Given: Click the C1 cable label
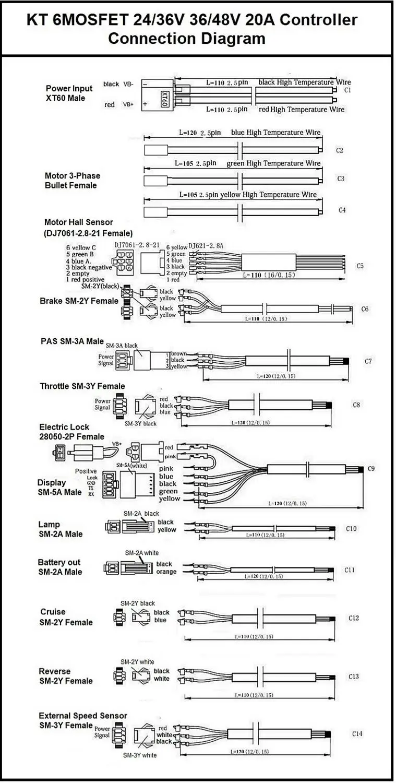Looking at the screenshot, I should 347,90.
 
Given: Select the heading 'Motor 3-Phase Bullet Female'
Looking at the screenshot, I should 72,181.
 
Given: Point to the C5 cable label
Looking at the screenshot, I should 360,266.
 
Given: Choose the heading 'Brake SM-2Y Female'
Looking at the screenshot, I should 79,301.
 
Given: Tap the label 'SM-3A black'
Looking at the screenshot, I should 122,346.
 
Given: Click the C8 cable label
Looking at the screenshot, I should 357,405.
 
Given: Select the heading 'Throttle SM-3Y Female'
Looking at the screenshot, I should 82,386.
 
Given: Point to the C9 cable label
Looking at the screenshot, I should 371,468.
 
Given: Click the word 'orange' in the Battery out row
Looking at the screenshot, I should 166,572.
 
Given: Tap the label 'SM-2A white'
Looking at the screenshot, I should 141,553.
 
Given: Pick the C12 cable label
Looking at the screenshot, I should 354,618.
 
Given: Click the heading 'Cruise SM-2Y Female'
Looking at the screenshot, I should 66,617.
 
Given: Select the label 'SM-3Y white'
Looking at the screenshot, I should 139,755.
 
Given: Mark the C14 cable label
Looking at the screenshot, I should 357,733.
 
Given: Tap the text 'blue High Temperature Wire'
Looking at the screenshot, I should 276,133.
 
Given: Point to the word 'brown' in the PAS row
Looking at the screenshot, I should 179,353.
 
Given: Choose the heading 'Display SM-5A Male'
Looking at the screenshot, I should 59,488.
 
